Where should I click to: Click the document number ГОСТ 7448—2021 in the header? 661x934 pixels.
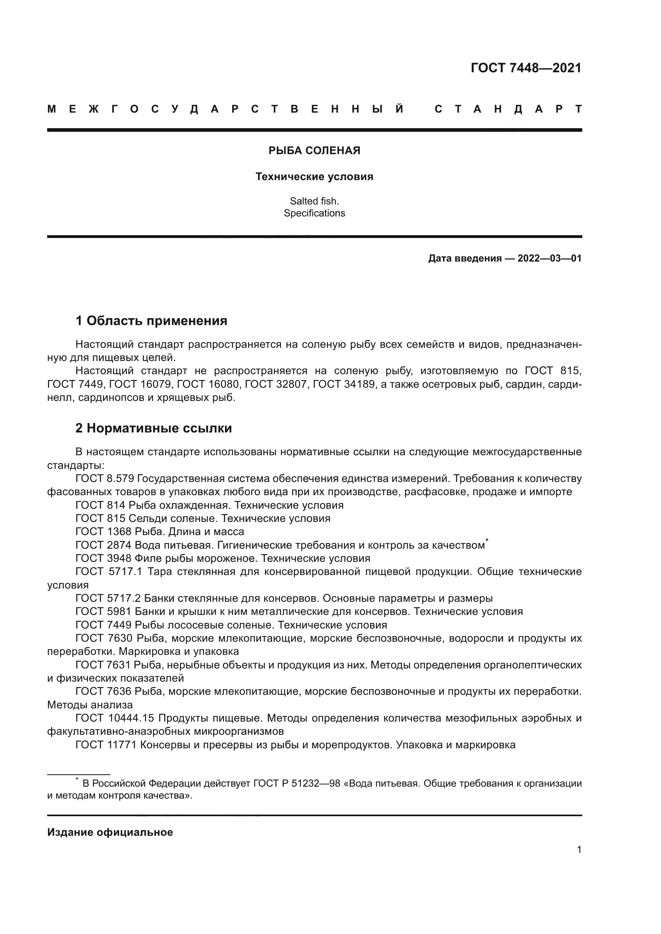tap(526, 68)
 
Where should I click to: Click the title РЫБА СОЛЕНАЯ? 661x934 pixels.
tap(314, 151)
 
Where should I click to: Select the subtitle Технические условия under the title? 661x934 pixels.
tap(314, 176)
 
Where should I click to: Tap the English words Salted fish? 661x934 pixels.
tap(314, 201)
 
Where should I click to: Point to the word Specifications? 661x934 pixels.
tap(314, 213)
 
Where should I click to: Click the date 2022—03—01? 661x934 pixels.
tap(549, 258)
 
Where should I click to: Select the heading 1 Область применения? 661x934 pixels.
tap(151, 321)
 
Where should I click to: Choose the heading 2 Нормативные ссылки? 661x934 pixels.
tap(153, 428)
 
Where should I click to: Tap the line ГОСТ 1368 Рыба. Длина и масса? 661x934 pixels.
tap(159, 531)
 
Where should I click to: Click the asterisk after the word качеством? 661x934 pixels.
tap(487, 540)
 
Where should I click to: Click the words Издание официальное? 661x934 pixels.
tap(110, 832)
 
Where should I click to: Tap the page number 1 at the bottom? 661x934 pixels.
tap(579, 849)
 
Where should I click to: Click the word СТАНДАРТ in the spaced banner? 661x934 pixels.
tap(508, 109)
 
